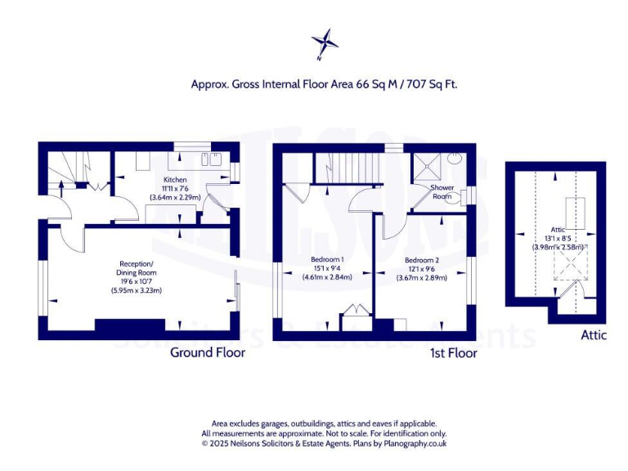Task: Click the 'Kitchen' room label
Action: (x=175, y=180)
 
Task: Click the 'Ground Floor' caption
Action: (x=207, y=352)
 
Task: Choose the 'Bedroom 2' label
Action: (x=422, y=260)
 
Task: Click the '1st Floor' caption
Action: (x=453, y=353)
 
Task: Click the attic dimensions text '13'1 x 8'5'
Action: (x=557, y=239)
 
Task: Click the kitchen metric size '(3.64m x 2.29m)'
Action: (x=175, y=197)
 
